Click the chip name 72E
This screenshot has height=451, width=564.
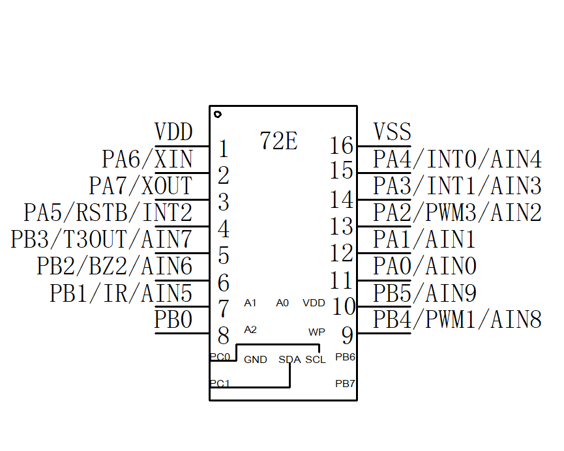pos(278,140)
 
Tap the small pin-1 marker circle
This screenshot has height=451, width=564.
pos(217,113)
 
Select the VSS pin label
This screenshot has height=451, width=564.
pos(392,132)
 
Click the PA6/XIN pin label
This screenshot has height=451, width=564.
pos(147,159)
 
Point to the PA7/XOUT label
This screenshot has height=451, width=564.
pos(140,186)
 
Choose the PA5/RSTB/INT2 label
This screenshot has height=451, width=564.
pos(108,213)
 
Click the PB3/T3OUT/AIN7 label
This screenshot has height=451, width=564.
pos(101,240)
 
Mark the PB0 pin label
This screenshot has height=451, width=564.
pos(173,320)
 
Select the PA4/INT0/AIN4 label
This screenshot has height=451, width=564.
pos(457,159)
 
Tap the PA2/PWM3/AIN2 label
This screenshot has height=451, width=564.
pos(457,213)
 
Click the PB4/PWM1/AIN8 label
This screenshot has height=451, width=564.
pos(457,320)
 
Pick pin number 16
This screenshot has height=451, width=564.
pos(342,145)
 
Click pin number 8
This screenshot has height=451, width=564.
pos(224,336)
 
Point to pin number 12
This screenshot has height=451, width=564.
pos(342,253)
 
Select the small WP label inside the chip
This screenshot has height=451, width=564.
pos(316,332)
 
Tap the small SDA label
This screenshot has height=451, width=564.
pos(289,360)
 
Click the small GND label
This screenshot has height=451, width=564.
pos(255,360)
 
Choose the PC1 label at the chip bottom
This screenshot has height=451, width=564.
pos(219,383)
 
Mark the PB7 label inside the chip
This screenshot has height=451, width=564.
pos(345,383)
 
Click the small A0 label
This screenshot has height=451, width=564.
pos(282,303)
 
